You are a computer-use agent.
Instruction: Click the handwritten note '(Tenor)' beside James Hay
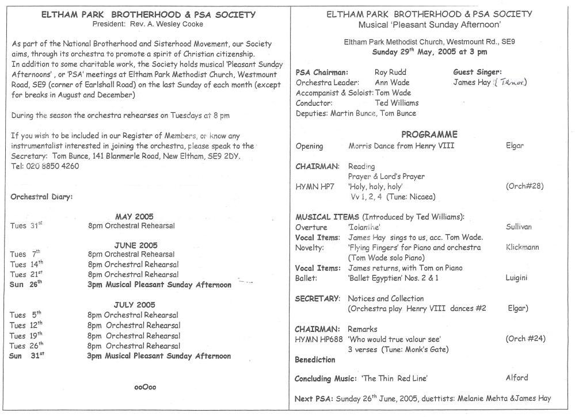[512, 83]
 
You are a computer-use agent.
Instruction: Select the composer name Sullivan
[519, 227]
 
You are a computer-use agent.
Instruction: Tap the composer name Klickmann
[523, 247]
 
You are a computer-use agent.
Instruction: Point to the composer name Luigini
[517, 278]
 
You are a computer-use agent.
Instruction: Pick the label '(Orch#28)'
[524, 186]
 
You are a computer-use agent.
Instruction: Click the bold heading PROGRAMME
[429, 134]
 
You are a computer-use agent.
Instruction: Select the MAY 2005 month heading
[134, 217]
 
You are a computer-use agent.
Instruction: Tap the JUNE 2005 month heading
[136, 246]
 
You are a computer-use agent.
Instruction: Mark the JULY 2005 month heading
[135, 305]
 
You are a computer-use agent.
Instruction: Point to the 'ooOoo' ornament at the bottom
[145, 387]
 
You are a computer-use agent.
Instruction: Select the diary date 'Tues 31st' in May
[26, 226]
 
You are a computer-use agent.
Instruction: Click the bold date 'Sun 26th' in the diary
[26, 285]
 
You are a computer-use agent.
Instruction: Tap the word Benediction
[315, 359]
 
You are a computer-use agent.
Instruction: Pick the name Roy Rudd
[390, 72]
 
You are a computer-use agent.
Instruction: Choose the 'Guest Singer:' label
[477, 72]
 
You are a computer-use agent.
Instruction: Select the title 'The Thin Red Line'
[394, 378]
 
